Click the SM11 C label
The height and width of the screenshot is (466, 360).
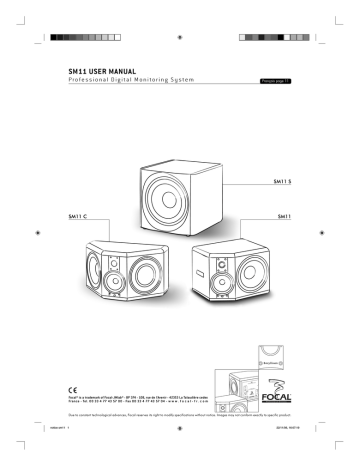[73, 216]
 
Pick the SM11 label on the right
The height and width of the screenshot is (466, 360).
[287, 217]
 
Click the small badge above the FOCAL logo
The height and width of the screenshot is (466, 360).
[285, 351]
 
